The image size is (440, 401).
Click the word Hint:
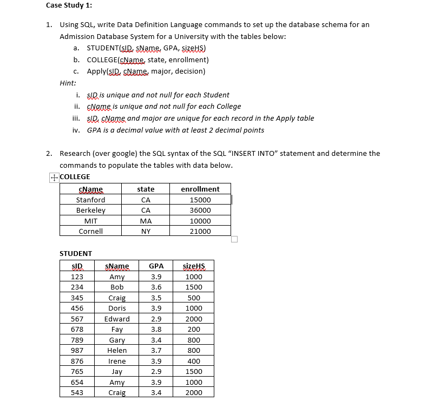click(x=68, y=83)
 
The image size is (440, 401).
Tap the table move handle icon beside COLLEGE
click(x=53, y=177)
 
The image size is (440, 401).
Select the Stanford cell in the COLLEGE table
click(x=90, y=200)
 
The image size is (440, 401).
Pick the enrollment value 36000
click(x=200, y=210)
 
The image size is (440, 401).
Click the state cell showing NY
click(x=146, y=231)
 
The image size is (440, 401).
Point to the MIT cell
click(x=90, y=221)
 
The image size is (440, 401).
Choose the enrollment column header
click(x=200, y=189)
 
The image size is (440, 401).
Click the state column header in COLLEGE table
click(x=146, y=189)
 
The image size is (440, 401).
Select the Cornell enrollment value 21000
click(x=200, y=231)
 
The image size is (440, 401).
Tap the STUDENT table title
click(x=75, y=253)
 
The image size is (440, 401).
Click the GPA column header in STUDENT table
click(x=156, y=266)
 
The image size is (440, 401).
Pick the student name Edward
click(x=117, y=319)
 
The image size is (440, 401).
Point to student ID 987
click(x=77, y=351)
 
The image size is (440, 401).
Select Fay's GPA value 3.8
click(x=156, y=330)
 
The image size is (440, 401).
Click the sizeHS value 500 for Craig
click(x=193, y=298)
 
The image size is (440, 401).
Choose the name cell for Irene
click(x=117, y=361)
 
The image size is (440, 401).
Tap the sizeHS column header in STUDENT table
click(x=193, y=266)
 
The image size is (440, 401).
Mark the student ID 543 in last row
click(x=77, y=392)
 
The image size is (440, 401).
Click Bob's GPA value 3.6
click(x=156, y=287)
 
